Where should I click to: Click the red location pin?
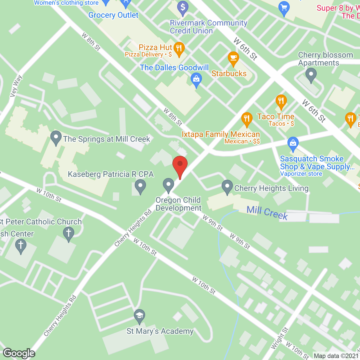[180, 165]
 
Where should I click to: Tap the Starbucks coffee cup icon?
[233, 58]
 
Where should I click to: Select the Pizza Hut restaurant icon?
[179, 49]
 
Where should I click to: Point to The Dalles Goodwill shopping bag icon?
[196, 79]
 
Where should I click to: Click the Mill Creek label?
[267, 213]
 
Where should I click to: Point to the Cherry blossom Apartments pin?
[311, 75]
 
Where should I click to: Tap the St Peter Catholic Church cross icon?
[68, 233]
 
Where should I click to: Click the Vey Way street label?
[16, 86]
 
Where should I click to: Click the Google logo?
[19, 353]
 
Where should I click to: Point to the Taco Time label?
[276, 116]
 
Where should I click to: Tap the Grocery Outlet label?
[113, 15]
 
